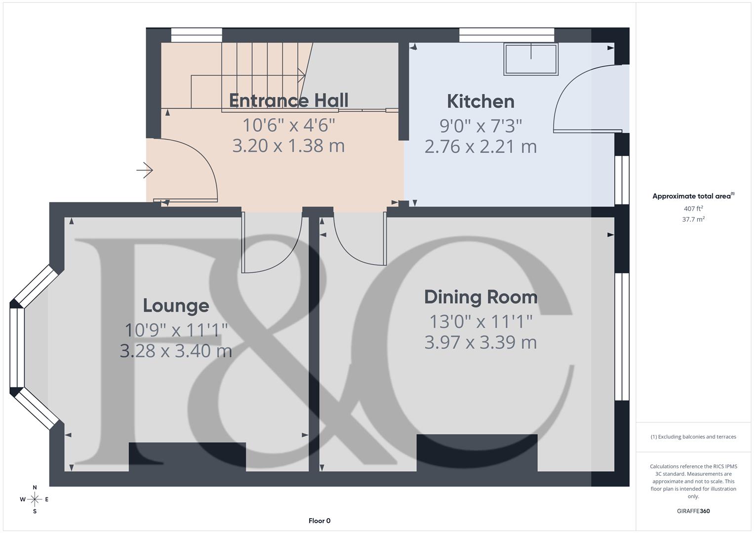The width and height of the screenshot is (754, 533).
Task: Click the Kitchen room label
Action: [480, 102]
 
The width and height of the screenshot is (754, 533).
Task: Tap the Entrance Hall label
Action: [288, 101]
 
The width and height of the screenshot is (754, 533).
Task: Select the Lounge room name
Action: [176, 305]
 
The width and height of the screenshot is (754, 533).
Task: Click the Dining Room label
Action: [480, 297]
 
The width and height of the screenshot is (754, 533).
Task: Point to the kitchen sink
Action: [531, 59]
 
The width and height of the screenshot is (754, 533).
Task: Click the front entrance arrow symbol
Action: [145, 170]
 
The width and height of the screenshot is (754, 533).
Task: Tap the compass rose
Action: [35, 499]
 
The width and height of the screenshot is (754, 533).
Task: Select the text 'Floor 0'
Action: [319, 521]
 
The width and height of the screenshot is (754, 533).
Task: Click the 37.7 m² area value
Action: [693, 220]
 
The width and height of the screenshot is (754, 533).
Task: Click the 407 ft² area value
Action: [693, 209]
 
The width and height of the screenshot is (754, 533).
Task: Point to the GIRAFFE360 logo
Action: [693, 511]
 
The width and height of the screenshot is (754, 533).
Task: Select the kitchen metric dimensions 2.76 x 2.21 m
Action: [480, 147]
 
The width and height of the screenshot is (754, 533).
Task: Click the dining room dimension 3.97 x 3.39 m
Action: [480, 343]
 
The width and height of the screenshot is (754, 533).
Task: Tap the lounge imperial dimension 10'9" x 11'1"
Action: [176, 330]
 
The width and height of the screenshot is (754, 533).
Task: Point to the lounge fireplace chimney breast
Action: [187, 457]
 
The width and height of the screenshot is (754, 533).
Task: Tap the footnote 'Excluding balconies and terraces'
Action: [693, 437]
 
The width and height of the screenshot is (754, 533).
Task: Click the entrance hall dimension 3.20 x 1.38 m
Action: [288, 146]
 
